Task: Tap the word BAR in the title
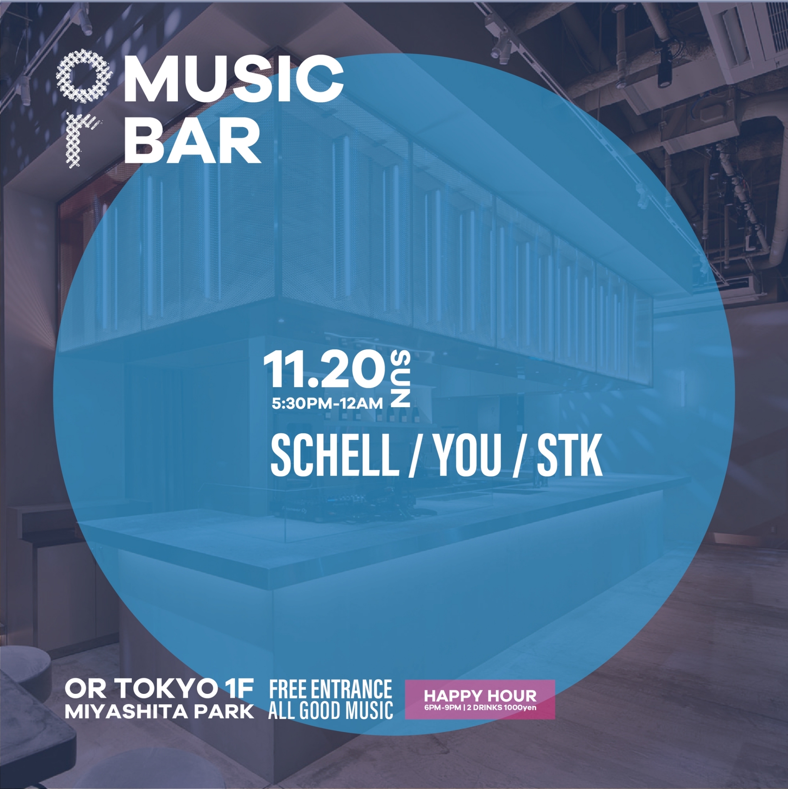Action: point(192,142)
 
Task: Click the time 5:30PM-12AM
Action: point(327,404)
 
